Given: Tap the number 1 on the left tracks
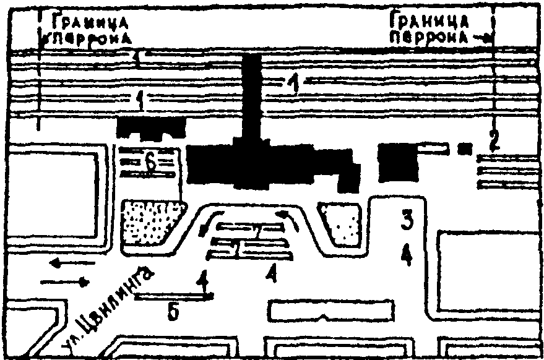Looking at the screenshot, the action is coord(142,99).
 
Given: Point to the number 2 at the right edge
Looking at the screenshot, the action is coord(493,141).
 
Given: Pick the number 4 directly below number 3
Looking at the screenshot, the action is coord(406,254).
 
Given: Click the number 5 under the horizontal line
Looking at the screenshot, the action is coord(175,313).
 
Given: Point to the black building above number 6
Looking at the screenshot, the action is coord(151,128).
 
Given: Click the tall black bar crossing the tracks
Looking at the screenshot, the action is coord(251,96).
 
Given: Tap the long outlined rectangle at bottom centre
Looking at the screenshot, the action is coord(331,311).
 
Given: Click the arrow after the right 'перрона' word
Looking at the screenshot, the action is coord(482,37).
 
